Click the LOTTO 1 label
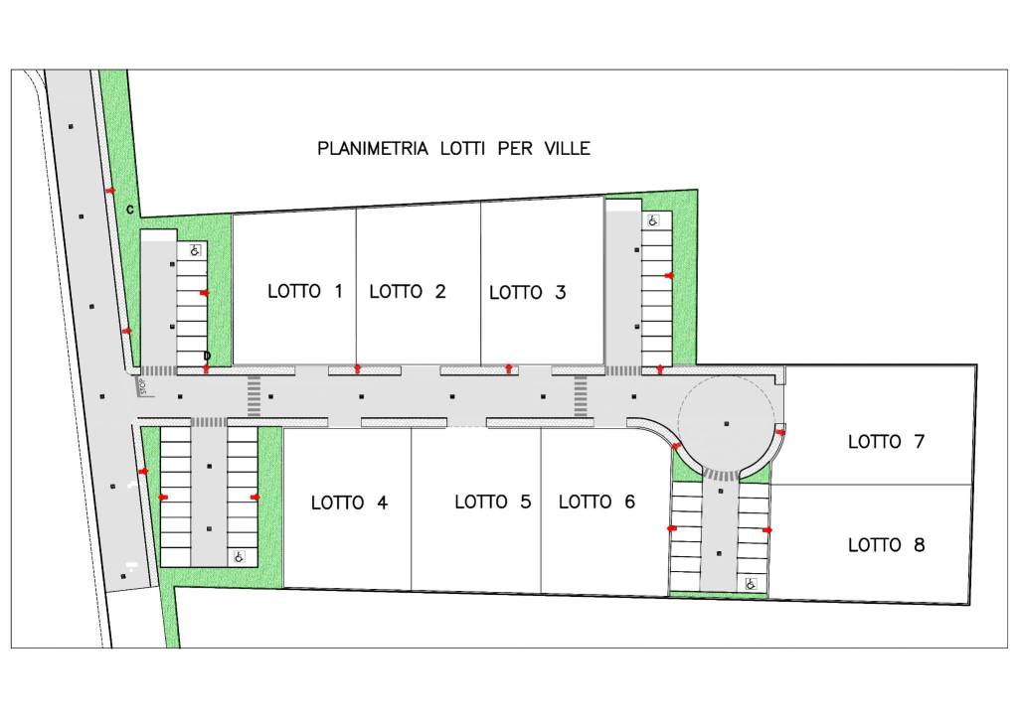tap(304, 291)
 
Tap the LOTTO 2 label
tap(408, 292)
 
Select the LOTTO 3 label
tap(527, 293)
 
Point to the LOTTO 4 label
tap(349, 503)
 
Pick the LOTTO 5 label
tap(493, 502)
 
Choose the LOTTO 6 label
tap(596, 502)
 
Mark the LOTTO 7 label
tap(886, 442)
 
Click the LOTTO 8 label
tap(886, 545)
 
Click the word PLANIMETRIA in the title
tap(373, 149)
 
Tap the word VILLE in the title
tap(568, 149)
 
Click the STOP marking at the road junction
tap(143, 386)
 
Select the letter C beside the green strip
tap(130, 211)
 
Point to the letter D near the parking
tap(207, 356)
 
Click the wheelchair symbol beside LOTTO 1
tap(196, 249)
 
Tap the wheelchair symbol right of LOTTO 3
tap(652, 220)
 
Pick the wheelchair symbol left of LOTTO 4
tap(239, 556)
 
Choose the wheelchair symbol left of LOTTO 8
tap(752, 584)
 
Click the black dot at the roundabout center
tap(727, 423)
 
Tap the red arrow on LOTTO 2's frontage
tap(357, 369)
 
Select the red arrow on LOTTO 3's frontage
tap(509, 368)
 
